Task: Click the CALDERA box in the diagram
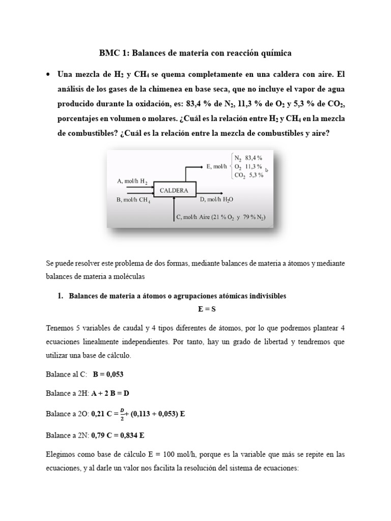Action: click(x=174, y=191)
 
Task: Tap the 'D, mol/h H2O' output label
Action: click(x=219, y=199)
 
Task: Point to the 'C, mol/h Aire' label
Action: click(x=220, y=218)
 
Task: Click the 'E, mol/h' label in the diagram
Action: click(x=217, y=166)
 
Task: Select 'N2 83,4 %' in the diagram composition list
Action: click(x=248, y=157)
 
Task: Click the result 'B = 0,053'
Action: click(x=108, y=374)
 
